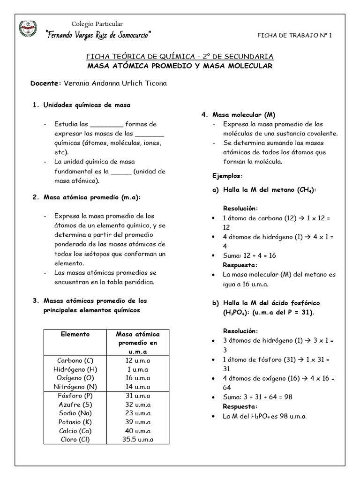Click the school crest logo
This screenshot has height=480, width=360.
pyautogui.click(x=28, y=29)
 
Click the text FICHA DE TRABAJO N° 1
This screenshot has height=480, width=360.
pyautogui.click(x=295, y=36)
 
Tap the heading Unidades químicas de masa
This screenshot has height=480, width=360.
pyautogui.click(x=87, y=105)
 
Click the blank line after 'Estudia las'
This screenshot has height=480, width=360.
pyautogui.click(x=106, y=125)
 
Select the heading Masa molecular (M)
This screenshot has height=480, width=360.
pyautogui.click(x=244, y=114)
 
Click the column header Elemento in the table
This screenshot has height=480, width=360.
pyautogui.click(x=75, y=334)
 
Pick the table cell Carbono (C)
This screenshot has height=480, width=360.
pyautogui.click(x=75, y=360)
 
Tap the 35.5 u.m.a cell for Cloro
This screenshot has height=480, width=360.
pyautogui.click(x=137, y=439)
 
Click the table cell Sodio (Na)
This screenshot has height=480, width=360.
pyautogui.click(x=75, y=413)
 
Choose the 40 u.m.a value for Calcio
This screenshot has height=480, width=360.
pyautogui.click(x=137, y=431)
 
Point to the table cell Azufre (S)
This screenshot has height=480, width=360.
pyautogui.click(x=75, y=404)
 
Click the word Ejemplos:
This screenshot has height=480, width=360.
pyautogui.click(x=228, y=175)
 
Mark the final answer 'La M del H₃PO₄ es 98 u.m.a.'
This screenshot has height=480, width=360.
pyautogui.click(x=264, y=416)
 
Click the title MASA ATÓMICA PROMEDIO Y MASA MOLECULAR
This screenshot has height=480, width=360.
pyautogui.click(x=180, y=66)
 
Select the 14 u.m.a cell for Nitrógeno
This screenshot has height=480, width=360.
pyautogui.click(x=137, y=387)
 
